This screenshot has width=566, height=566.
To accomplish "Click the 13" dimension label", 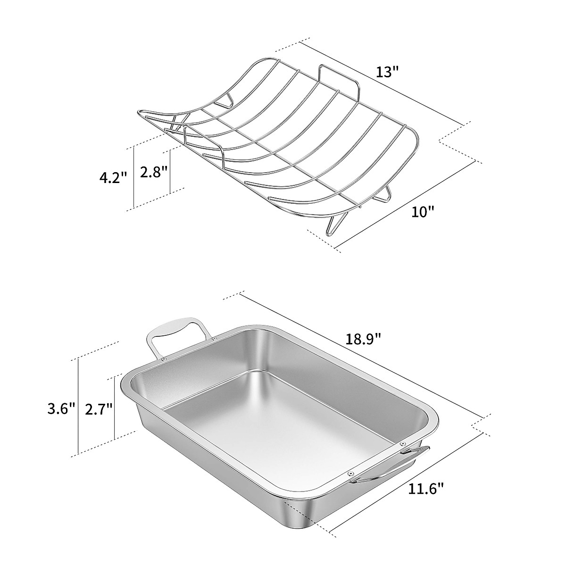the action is coord(388,72).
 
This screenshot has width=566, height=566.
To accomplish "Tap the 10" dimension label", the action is coord(422,211).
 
